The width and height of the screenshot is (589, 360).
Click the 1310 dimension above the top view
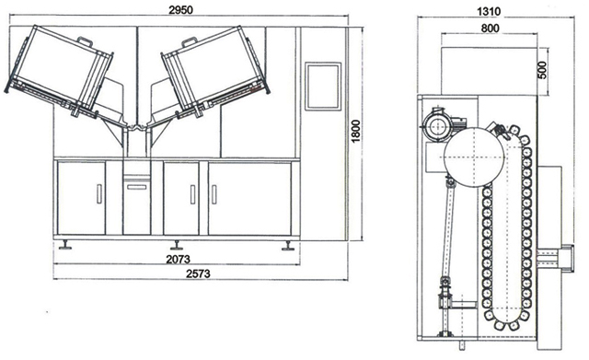click(489, 10)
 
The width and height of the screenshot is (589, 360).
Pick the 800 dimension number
click(489, 29)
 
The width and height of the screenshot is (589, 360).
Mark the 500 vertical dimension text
click(542, 69)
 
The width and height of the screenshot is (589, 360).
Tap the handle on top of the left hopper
click(86, 40)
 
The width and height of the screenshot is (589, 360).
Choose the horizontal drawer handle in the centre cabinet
click(135, 186)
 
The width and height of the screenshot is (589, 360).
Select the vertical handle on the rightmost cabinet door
click(214, 195)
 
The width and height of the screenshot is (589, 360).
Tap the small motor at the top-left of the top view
click(436, 127)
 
